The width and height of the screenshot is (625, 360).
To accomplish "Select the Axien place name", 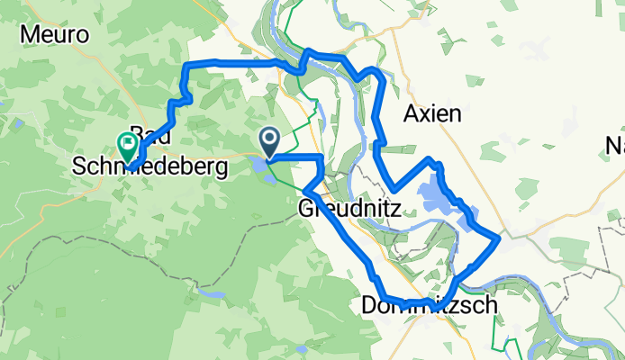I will click(x=432, y=114).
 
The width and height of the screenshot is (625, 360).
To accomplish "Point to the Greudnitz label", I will click(x=355, y=209).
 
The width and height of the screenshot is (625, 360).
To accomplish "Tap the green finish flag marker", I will click(x=127, y=144).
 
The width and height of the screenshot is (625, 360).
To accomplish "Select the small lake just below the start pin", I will click(x=260, y=166).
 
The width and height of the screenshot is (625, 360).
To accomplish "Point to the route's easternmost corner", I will click(x=498, y=238).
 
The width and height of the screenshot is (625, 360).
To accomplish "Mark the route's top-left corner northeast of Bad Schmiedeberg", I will click(x=187, y=66).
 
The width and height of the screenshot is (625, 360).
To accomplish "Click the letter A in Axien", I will click(x=412, y=114).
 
